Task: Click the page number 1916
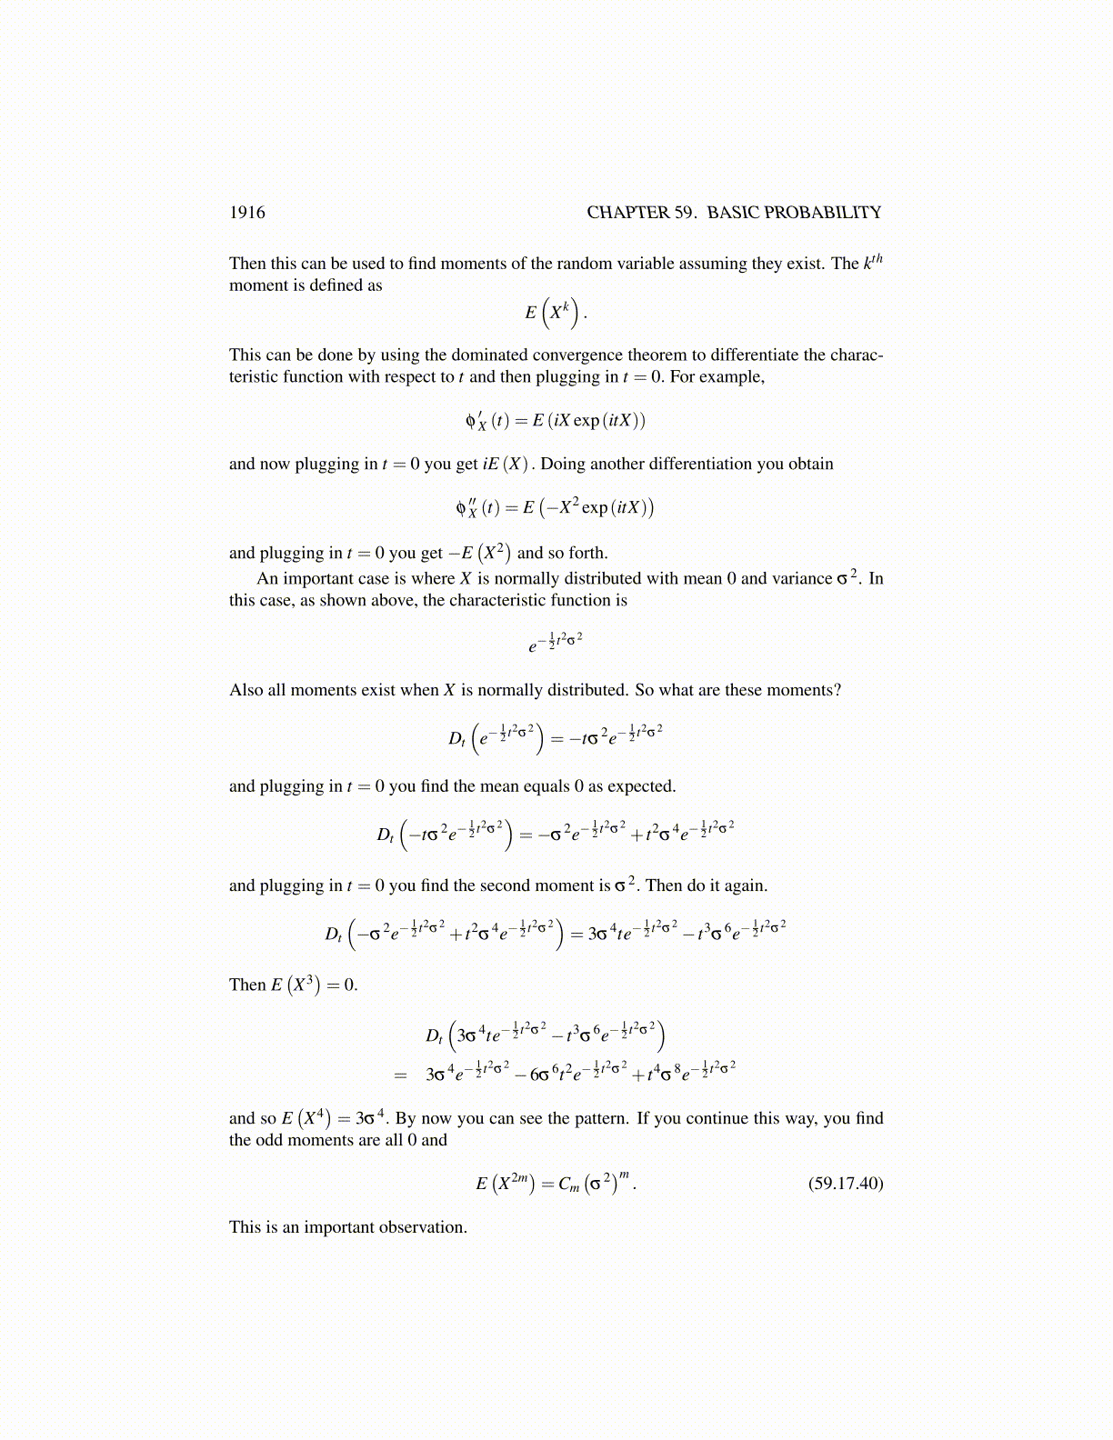tap(247, 213)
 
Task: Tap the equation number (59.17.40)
tap(846, 1184)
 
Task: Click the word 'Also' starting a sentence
tap(246, 690)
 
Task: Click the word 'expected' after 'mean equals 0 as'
tap(640, 786)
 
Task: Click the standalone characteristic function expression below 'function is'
tap(556, 643)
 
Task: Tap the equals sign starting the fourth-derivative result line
tap(400, 1075)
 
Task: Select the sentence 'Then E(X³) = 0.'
tap(294, 985)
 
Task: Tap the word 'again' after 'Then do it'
tap(746, 885)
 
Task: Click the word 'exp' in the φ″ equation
tap(595, 508)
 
